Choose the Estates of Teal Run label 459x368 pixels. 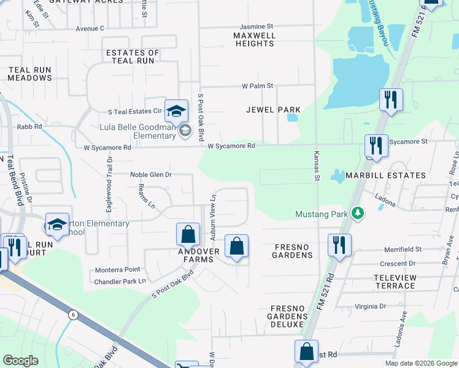133,57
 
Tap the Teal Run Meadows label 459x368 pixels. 30,74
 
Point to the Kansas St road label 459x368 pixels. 317,166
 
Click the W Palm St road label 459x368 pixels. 257,86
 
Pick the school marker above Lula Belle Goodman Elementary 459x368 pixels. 176,110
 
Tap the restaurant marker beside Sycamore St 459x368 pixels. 376,146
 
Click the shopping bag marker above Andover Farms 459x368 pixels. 188,234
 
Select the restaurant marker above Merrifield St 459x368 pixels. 339,245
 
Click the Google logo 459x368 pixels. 21,361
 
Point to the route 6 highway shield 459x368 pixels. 74,315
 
